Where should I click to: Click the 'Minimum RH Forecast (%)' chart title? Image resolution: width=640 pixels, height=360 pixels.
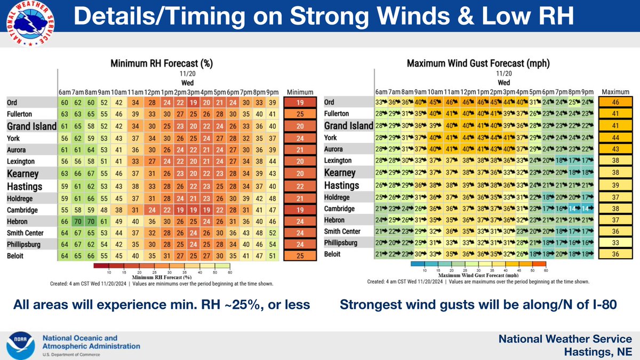pyautogui.click(x=161, y=63)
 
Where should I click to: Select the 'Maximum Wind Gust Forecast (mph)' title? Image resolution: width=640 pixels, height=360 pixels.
pyautogui.click(x=478, y=63)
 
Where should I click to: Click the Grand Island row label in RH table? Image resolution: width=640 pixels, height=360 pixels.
pyautogui.click(x=31, y=126)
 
